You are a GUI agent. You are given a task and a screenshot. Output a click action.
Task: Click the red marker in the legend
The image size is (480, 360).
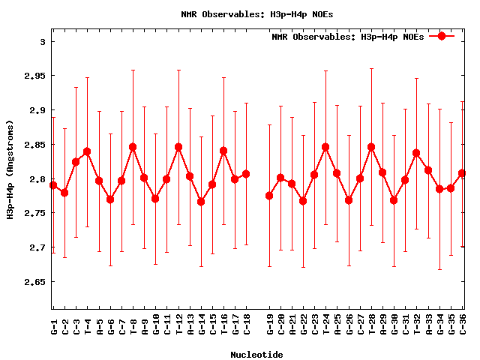[x=442, y=36]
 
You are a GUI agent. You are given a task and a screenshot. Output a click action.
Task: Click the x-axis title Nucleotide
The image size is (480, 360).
[x=256, y=354]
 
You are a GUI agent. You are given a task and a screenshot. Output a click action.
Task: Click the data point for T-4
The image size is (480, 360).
[x=87, y=151]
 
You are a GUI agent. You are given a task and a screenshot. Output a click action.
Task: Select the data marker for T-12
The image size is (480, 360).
[x=178, y=147]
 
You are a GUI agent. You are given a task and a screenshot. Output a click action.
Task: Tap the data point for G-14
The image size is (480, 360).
[x=201, y=201]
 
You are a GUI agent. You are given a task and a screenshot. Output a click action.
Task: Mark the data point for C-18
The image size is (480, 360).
[x=246, y=174]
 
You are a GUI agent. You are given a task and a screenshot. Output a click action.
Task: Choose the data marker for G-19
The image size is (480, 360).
[x=269, y=196]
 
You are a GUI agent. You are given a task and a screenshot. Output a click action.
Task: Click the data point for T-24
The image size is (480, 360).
[x=325, y=147]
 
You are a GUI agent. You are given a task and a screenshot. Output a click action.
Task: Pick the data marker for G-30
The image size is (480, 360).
[x=394, y=200]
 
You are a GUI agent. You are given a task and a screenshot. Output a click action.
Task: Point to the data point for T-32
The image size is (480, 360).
[x=416, y=153]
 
